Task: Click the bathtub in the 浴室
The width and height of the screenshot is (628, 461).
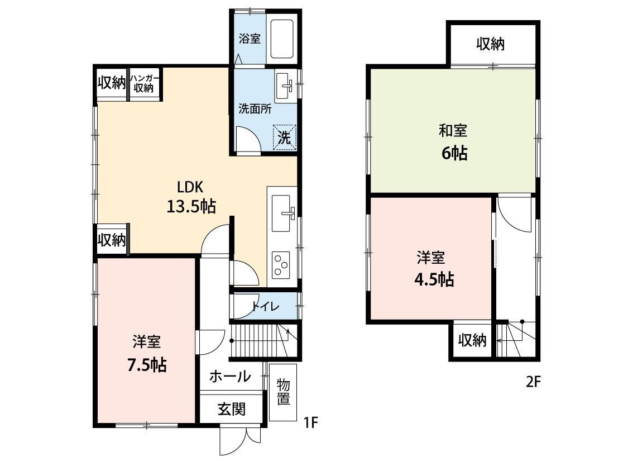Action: click(282, 39)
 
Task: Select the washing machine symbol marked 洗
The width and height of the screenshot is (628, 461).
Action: click(285, 137)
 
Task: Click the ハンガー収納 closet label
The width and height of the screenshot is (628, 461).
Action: click(145, 83)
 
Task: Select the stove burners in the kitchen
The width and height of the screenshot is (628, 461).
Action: click(281, 264)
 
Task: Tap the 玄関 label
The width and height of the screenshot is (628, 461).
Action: click(231, 410)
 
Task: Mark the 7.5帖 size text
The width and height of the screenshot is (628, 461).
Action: click(147, 365)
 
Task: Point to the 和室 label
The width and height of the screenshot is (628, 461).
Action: click(453, 131)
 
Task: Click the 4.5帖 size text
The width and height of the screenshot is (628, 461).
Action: click(433, 279)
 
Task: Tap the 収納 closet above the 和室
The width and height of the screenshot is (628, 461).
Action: click(491, 45)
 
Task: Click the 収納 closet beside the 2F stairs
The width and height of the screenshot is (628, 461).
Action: click(472, 340)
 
